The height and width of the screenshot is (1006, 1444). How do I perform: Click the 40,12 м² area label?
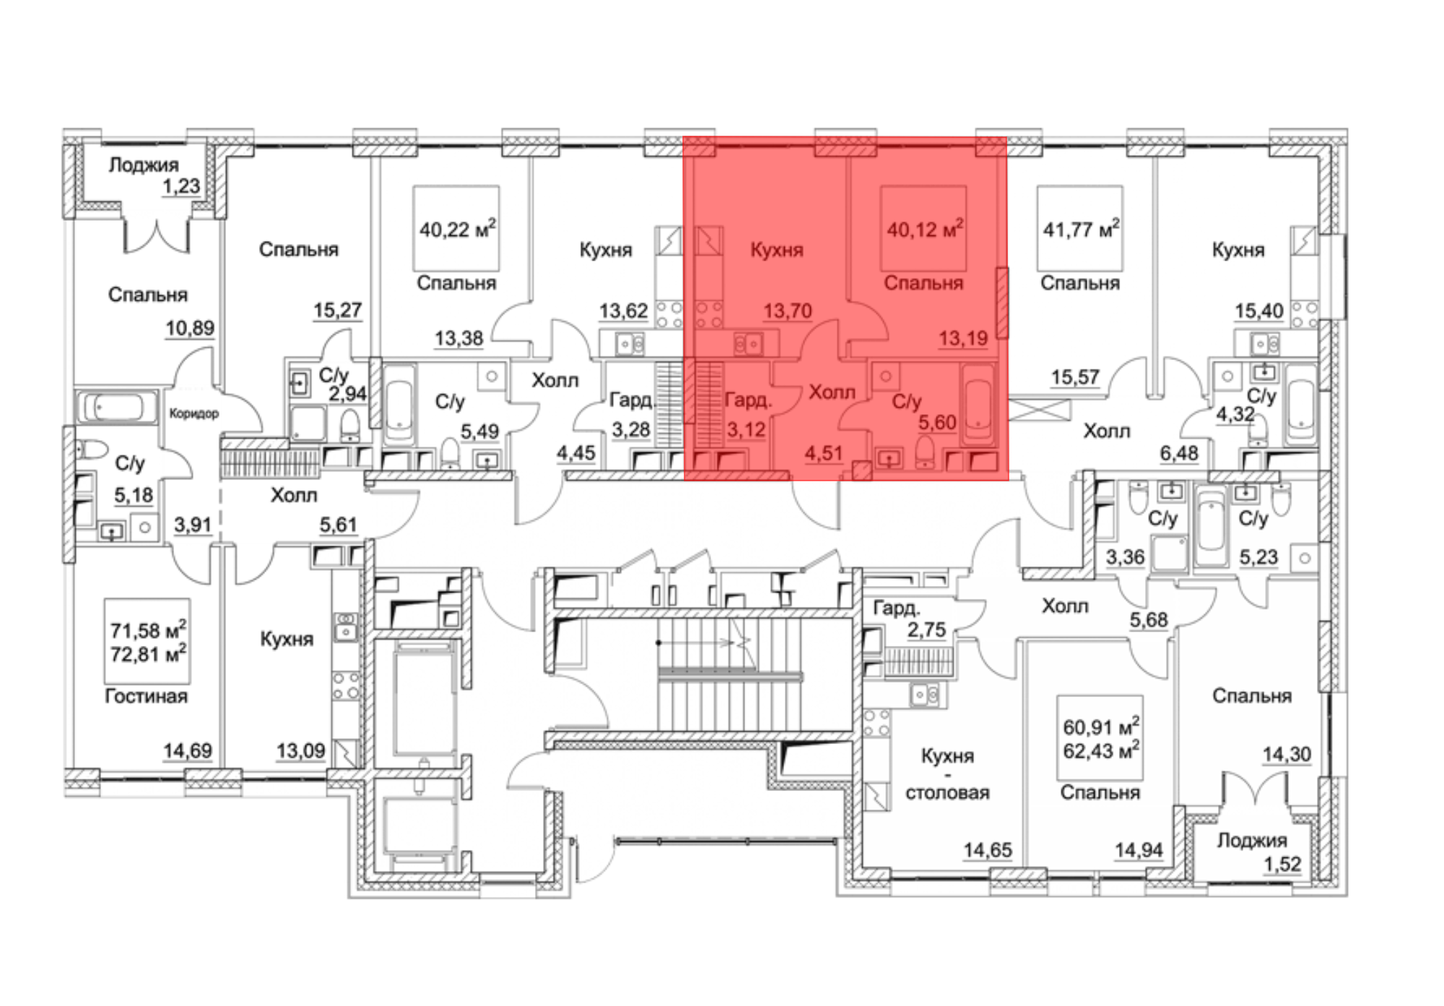(925, 229)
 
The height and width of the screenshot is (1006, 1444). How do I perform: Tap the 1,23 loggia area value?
(181, 186)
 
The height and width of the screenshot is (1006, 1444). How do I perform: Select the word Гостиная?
(147, 696)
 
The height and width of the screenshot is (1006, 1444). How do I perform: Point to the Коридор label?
(193, 414)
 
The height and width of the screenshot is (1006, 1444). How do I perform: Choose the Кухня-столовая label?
(947, 774)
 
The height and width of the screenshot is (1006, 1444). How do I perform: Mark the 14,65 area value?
(987, 850)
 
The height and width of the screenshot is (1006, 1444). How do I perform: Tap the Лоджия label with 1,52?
(1252, 840)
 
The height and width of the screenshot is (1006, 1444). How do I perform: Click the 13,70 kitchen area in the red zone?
(788, 311)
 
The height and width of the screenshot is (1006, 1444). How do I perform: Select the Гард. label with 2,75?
(897, 608)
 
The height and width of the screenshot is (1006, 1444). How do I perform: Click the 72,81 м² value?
(148, 654)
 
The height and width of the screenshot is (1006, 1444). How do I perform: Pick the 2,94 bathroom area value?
(348, 394)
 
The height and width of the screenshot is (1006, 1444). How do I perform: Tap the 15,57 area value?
(1075, 377)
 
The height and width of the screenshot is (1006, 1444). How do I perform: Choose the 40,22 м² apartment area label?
(457, 229)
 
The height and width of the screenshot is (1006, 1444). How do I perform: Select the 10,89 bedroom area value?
(190, 328)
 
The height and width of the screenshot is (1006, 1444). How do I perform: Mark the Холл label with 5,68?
(1065, 605)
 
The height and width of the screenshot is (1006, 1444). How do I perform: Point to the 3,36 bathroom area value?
(1125, 557)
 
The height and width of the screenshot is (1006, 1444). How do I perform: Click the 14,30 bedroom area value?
(1287, 754)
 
